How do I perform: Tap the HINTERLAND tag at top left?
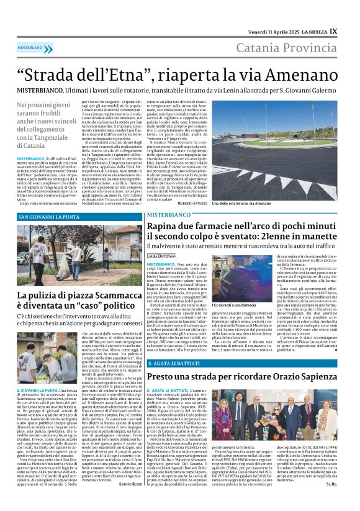(30, 47)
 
